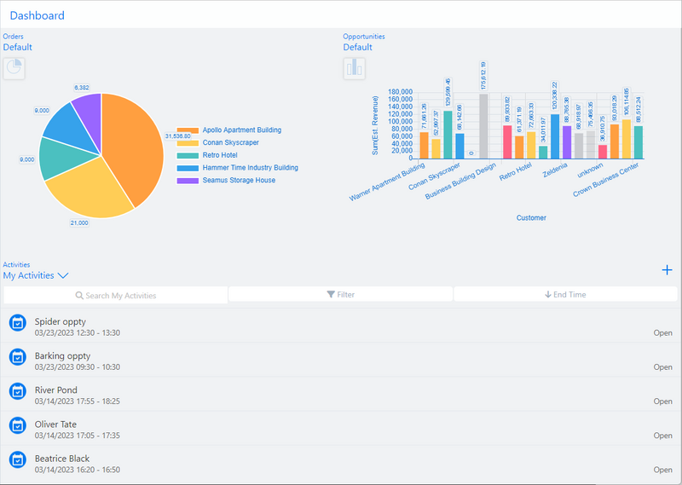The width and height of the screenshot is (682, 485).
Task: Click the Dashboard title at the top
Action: coord(37,15)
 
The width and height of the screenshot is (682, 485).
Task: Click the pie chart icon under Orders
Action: coord(14,68)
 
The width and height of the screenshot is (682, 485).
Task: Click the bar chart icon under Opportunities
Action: coord(355,68)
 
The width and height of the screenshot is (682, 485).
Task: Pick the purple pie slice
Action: coord(88,110)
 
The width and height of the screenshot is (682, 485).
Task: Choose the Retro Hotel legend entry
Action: coord(219,155)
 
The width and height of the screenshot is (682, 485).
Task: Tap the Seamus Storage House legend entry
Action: coord(239,180)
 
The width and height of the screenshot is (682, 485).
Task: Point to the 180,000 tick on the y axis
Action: coord(400,91)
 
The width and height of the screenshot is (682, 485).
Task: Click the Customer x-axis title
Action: coord(531,217)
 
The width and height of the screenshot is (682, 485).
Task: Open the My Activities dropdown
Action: coord(36,275)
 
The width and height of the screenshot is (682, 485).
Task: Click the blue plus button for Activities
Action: coord(667,270)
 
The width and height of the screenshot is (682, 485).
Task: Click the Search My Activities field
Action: coord(116,295)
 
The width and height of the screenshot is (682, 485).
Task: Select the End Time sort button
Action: coord(565,295)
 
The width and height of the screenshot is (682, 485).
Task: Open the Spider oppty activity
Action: coord(61,322)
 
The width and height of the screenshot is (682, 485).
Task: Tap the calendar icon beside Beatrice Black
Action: coord(17,459)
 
